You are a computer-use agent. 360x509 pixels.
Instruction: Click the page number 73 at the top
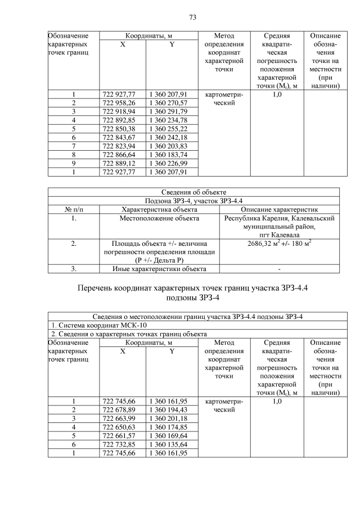tap(192, 17)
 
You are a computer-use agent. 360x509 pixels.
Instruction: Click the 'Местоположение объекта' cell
tap(159, 218)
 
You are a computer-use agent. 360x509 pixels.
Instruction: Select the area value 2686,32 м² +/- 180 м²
tap(280, 244)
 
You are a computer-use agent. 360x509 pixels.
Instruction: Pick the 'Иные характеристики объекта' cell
tap(159, 269)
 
